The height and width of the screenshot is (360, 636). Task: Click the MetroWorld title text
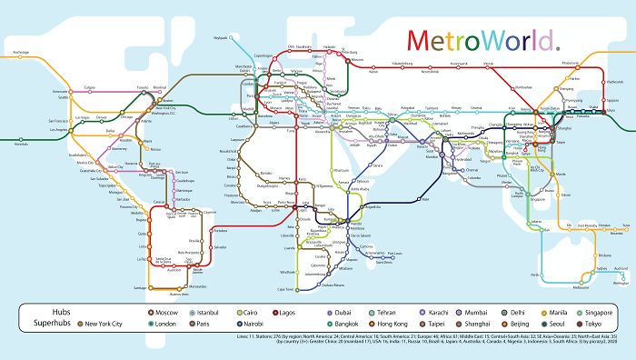click(x=482, y=41)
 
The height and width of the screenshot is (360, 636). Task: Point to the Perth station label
click(x=536, y=274)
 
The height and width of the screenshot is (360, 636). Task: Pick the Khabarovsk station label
click(x=571, y=62)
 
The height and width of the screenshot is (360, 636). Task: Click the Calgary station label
click(x=90, y=87)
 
